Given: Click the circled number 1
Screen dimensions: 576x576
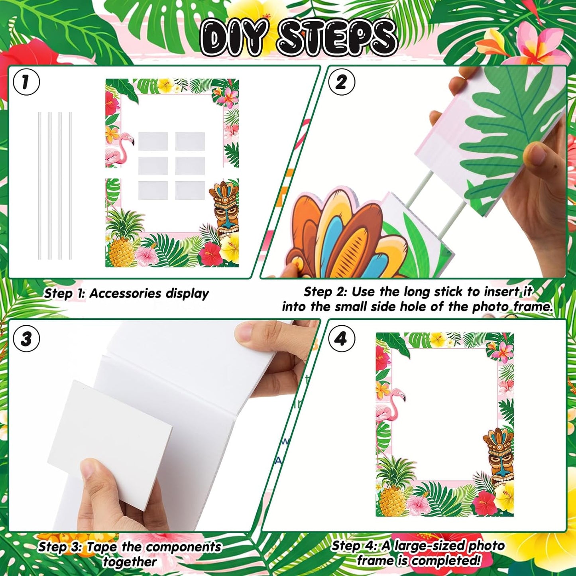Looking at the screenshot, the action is (26, 83).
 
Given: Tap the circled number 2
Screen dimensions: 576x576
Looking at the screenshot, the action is (342, 83).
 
